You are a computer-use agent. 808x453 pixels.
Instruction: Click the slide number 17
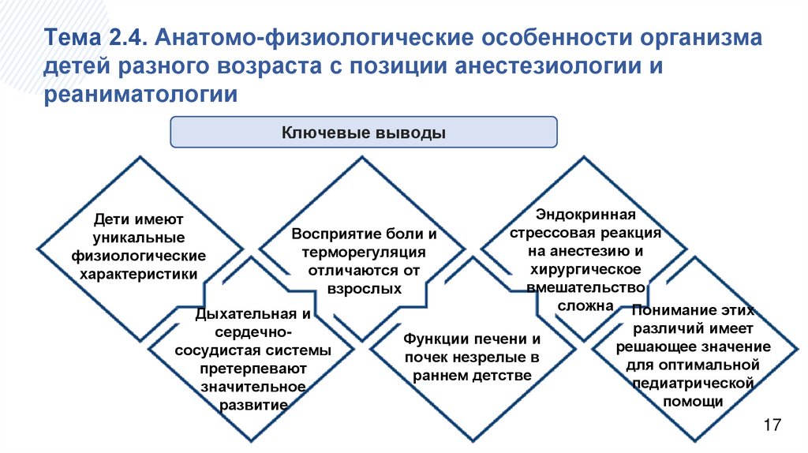tap(772, 425)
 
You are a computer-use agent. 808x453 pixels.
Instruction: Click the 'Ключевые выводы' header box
tap(364, 132)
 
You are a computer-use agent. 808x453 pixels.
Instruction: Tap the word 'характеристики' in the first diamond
tap(139, 274)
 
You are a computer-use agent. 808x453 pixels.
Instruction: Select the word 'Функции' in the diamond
tap(436, 339)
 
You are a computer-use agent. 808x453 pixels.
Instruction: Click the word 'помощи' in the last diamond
tap(692, 401)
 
